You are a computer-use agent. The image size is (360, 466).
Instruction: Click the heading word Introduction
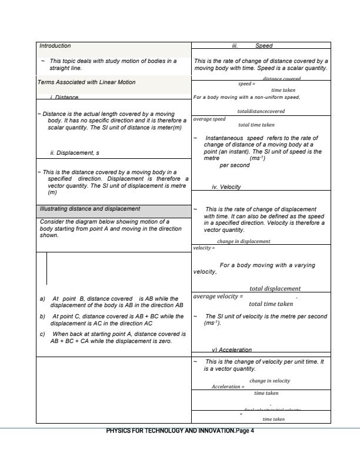[x=55, y=45]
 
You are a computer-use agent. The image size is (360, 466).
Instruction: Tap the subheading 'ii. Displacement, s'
[x=75, y=153]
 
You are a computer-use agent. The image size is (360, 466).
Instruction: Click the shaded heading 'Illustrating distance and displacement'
[x=90, y=208]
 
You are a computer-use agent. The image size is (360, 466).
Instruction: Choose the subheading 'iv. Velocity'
[x=226, y=187]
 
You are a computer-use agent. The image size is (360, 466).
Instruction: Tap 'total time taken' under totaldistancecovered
[x=256, y=125]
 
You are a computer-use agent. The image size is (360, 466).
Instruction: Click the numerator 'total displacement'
[x=275, y=288]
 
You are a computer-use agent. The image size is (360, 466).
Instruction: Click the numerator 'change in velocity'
[x=269, y=381]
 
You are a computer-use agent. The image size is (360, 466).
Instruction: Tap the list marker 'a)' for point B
[x=42, y=299]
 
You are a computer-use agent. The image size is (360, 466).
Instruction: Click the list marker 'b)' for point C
[x=42, y=317]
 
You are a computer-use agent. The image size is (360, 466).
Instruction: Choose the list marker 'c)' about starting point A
[x=42, y=334]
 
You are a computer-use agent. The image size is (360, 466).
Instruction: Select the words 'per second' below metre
[x=235, y=165]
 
